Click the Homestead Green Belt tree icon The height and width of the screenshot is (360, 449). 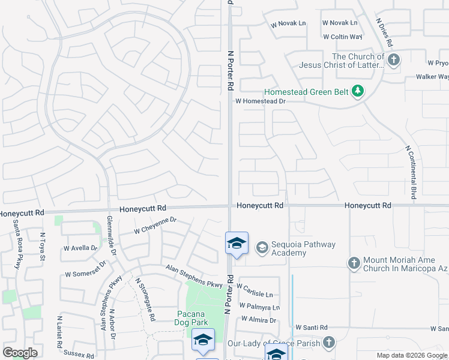tap(358, 91)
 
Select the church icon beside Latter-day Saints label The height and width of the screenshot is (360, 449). tap(393, 59)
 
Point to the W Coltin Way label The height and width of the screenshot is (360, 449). tap(342, 37)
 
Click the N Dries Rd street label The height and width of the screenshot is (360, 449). tap(384, 32)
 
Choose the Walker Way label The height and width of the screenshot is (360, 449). tap(433, 77)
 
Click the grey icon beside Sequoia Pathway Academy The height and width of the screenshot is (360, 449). tap(262, 247)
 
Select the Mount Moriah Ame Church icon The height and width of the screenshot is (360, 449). tap(354, 263)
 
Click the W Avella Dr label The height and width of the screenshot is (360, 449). tap(80, 247)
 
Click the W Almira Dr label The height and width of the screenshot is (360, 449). tap(258, 321)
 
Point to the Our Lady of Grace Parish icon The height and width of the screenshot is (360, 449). tap(328, 342)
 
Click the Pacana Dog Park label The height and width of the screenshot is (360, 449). tap(191, 319)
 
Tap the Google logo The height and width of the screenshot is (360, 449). tap(20, 353)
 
